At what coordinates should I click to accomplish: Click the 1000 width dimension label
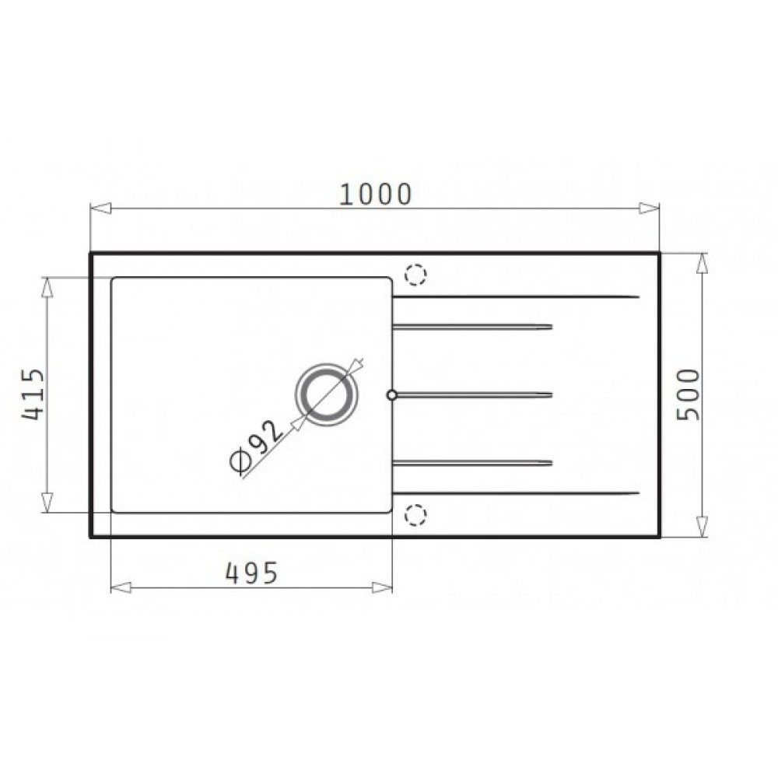coord(375,194)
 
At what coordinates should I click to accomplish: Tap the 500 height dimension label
coord(689,394)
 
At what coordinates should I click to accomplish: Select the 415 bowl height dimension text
coord(33,394)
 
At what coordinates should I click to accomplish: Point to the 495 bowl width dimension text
coord(251,573)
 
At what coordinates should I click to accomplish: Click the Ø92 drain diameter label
coord(257,446)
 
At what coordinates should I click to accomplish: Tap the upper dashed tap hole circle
coord(415,275)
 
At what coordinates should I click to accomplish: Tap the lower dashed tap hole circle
coord(415,515)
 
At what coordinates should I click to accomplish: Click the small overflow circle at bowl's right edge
coord(392,395)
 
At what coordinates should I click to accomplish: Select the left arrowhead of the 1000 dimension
coord(100,208)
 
